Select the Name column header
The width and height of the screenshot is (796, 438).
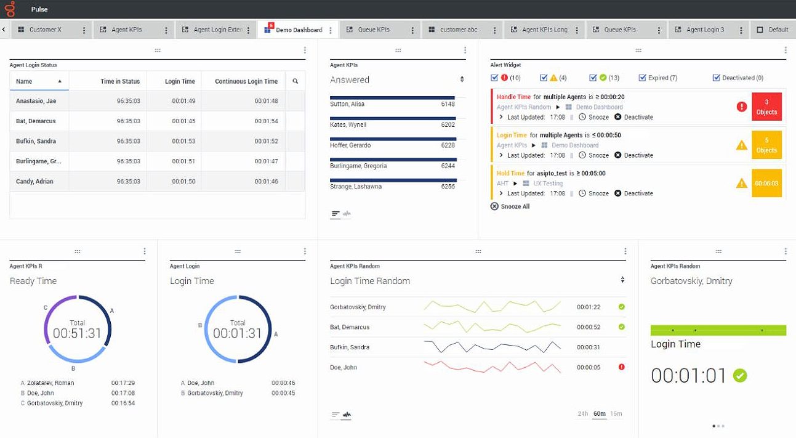(25, 81)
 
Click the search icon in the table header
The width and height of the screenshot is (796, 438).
(295, 81)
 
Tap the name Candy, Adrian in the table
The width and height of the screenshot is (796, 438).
(34, 182)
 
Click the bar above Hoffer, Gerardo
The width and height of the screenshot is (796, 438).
(393, 139)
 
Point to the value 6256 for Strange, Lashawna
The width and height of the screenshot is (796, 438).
(448, 187)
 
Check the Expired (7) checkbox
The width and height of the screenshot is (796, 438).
(643, 78)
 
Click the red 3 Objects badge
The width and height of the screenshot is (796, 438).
(766, 107)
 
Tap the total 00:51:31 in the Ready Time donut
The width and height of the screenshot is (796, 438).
(78, 333)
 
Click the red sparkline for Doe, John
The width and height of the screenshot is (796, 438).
(492, 367)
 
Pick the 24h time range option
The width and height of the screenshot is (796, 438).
(582, 414)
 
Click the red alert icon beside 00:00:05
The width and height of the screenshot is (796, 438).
(621, 367)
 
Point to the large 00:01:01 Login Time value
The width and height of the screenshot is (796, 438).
(689, 375)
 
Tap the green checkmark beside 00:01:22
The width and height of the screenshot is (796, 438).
(621, 307)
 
